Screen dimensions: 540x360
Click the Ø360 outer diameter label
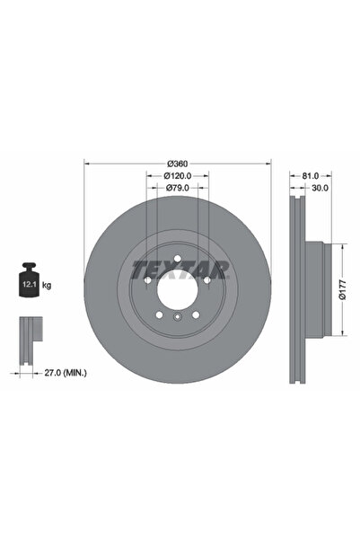(x=177, y=163)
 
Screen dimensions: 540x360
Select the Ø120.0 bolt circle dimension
(x=177, y=175)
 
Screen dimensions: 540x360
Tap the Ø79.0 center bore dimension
(x=177, y=188)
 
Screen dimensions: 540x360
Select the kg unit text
(x=47, y=285)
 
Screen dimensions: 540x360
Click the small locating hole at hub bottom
(x=177, y=318)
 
